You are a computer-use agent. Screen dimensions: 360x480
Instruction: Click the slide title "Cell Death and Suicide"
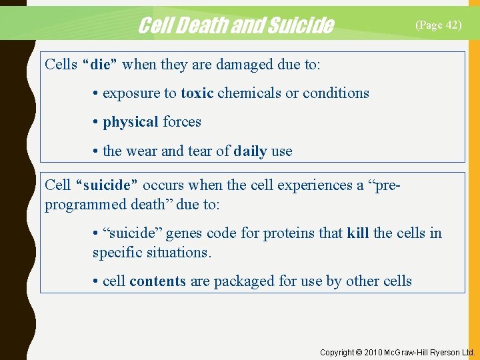click(x=235, y=25)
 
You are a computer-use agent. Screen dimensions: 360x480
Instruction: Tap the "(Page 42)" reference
click(x=438, y=25)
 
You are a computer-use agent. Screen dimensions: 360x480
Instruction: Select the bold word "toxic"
click(x=197, y=93)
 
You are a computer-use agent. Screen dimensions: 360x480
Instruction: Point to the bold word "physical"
click(x=131, y=122)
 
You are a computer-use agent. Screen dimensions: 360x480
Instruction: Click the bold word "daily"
click(x=250, y=151)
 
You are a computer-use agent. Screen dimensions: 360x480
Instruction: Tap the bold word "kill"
click(x=358, y=233)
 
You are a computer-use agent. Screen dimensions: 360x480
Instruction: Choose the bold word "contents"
click(x=157, y=281)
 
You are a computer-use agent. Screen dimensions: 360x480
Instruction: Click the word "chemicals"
click(x=249, y=93)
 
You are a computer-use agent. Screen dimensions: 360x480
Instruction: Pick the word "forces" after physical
click(x=182, y=122)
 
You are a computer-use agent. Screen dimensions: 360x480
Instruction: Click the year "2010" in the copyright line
click(x=375, y=352)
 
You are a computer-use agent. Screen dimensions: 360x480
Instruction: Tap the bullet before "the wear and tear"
click(x=97, y=151)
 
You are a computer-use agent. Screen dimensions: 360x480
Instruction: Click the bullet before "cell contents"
click(x=97, y=281)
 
